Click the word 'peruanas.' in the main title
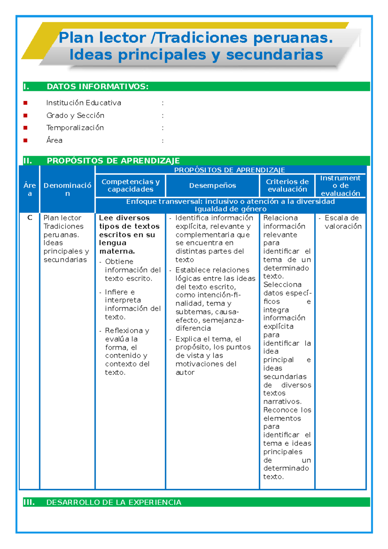coord(293,38)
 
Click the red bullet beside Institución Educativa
coord(26,103)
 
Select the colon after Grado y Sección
coord(163,116)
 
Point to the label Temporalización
coord(75,128)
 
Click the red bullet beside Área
coord(26,140)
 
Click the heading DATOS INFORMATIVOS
coord(98,87)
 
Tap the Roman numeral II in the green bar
coord(28,161)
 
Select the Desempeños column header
coord(212,186)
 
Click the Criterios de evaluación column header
coord(287,186)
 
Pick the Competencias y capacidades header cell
coord(130,186)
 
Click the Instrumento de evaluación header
coord(340,186)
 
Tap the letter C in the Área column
coord(30,218)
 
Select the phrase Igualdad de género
coord(231,209)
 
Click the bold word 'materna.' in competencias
coord(117,251)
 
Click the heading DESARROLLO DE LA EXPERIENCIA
coord(114,502)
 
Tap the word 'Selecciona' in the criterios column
coord(282,285)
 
